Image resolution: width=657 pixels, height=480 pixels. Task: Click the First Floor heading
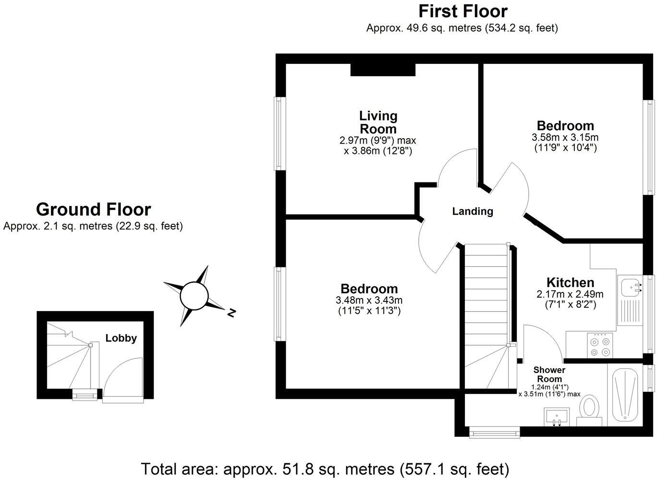coord(462,11)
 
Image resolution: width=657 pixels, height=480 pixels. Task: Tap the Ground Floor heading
coord(93,209)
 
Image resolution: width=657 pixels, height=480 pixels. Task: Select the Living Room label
coord(378,122)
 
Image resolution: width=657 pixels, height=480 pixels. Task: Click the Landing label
coord(473,211)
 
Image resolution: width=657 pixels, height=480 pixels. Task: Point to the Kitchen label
coord(570,283)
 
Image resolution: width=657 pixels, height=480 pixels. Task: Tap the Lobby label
coord(121,338)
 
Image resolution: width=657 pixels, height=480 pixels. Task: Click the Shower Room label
coord(549,374)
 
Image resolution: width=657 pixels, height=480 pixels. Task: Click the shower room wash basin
coord(557,416)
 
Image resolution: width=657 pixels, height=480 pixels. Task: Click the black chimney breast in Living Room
coord(383,70)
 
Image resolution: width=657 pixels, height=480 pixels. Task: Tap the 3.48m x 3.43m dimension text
coord(369,300)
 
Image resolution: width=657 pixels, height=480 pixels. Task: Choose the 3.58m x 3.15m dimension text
coord(565,137)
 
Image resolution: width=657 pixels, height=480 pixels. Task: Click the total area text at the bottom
coord(325,468)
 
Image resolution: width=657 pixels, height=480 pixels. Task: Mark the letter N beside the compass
coord(231,313)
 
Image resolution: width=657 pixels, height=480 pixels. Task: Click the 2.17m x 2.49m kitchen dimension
coord(570,294)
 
